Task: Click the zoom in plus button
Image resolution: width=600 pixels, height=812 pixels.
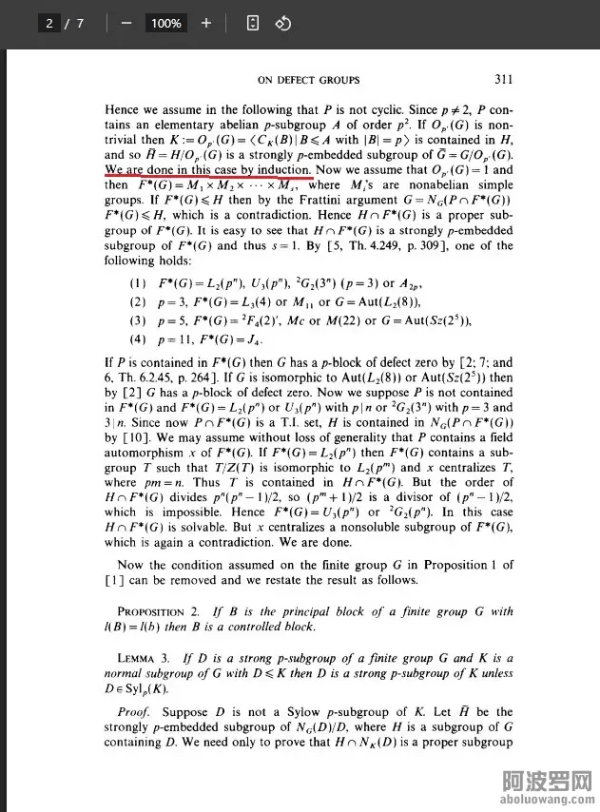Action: [206, 23]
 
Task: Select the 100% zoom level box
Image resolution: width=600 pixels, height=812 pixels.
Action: [166, 23]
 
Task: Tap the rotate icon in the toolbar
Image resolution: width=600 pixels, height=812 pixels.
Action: [281, 23]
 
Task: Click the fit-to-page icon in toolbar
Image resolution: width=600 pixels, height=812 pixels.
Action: [253, 23]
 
